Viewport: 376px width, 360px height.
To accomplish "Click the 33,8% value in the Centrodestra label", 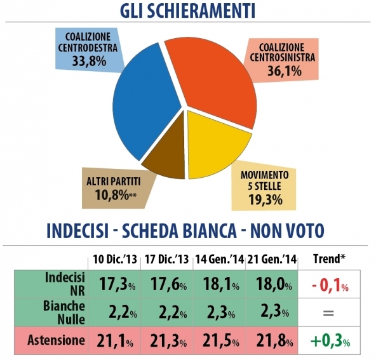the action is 89,61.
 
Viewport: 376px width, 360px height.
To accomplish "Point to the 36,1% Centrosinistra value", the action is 284,71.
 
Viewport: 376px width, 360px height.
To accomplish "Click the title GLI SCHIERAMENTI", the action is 187,11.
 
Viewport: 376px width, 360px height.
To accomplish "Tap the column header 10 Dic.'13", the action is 115,260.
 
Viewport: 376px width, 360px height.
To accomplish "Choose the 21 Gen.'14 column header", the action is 272,260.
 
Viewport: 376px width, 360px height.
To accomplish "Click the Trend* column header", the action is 330,258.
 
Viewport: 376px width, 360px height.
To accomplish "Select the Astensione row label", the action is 56,340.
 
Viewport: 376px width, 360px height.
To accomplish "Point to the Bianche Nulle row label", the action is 64,312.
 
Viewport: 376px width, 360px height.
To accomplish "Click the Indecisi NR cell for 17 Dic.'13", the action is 168,284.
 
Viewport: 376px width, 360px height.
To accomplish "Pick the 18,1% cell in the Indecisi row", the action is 221,284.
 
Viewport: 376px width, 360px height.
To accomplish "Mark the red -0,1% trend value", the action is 330,285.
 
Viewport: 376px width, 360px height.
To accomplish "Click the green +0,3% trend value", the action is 330,342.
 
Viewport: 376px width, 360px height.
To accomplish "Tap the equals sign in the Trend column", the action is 328,313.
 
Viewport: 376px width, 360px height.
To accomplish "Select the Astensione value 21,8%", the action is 274,341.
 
